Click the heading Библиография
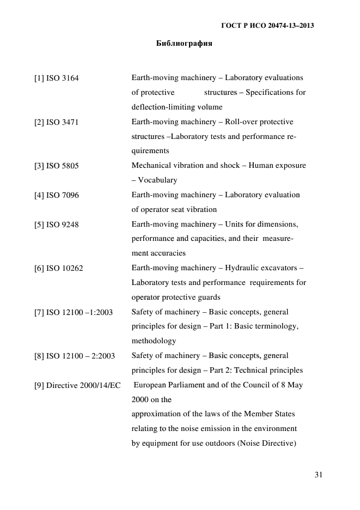184,43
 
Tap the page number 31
319,475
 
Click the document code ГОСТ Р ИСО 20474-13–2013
267,26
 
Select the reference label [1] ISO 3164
57,78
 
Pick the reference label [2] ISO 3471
57,122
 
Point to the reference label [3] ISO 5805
57,166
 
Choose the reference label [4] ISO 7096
57,195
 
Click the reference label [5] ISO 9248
57,224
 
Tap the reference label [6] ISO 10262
59,268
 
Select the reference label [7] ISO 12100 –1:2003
74,312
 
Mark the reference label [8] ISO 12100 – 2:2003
75,356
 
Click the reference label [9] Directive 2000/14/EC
77,385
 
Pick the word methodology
154,341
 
